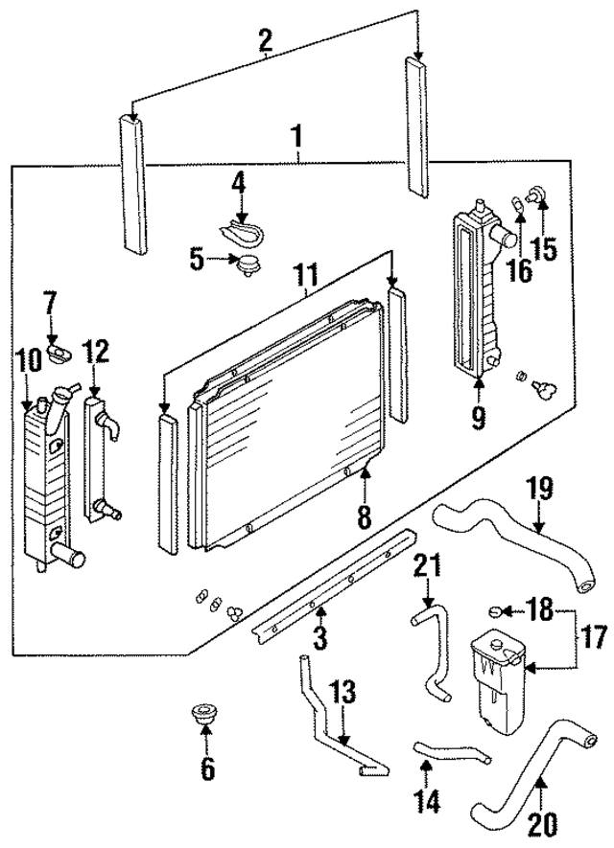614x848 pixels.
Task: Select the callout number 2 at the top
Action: [265, 40]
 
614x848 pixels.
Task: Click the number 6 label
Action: [207, 768]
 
